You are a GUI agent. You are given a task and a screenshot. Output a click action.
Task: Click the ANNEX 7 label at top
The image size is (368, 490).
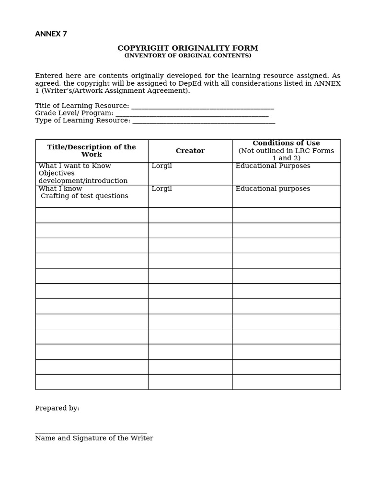[51, 34]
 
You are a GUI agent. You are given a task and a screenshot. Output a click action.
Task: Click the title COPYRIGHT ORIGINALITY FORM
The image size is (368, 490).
[188, 48]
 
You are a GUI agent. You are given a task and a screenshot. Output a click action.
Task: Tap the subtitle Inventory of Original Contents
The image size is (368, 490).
[188, 56]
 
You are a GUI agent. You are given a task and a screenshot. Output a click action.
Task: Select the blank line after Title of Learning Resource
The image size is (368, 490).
[202, 107]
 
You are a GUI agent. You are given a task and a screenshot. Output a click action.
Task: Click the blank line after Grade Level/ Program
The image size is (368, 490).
[192, 114]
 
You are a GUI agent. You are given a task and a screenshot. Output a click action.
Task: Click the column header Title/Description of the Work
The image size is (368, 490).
[92, 151]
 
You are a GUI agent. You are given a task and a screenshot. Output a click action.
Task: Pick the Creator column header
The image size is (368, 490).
[190, 151]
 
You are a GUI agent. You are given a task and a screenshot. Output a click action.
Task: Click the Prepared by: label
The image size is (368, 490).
[57, 408]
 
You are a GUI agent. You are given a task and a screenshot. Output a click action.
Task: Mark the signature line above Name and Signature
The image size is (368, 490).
[91, 433]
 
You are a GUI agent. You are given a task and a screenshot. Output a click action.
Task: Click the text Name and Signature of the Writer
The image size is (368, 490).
[94, 438]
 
